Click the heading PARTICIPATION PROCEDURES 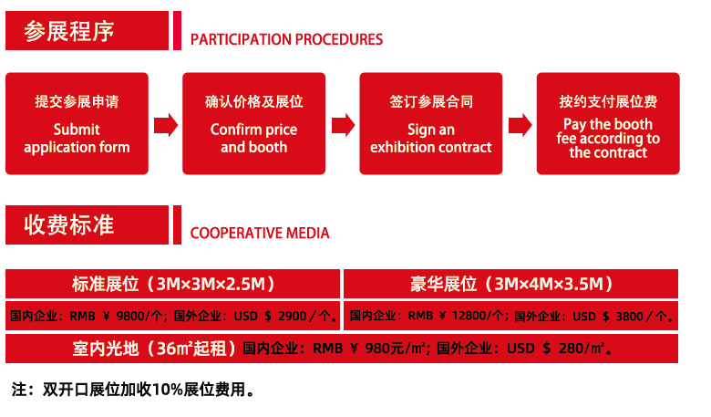(x=286, y=39)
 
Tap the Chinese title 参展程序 (x=69, y=31)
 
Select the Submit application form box (x=77, y=123)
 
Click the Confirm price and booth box (x=254, y=123)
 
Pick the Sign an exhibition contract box (x=431, y=123)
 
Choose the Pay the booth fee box (x=608, y=123)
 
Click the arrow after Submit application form (x=166, y=125)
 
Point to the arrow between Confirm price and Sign (x=344, y=125)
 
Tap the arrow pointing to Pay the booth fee (x=520, y=125)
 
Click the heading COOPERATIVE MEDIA (x=260, y=234)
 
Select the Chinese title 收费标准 (x=69, y=224)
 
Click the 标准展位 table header (x=173, y=284)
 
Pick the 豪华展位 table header (x=511, y=284)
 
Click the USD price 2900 (x=293, y=316)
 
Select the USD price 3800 (x=629, y=316)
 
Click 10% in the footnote (x=168, y=390)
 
